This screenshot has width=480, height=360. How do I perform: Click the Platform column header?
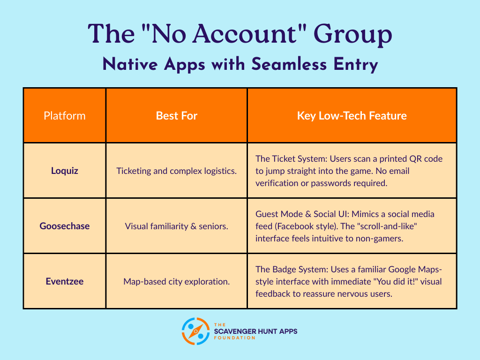(65, 116)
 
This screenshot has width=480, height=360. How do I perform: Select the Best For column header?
(177, 116)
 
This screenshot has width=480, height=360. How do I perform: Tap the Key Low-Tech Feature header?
(352, 116)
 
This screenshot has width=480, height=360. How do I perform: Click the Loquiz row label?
(65, 171)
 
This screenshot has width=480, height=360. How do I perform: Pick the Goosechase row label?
(65, 226)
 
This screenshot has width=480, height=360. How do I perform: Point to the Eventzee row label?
(65, 281)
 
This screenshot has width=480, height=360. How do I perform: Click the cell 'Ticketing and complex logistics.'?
(177, 171)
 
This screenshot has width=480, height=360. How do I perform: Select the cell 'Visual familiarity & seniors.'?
(177, 226)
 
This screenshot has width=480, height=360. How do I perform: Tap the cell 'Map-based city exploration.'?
(177, 281)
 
